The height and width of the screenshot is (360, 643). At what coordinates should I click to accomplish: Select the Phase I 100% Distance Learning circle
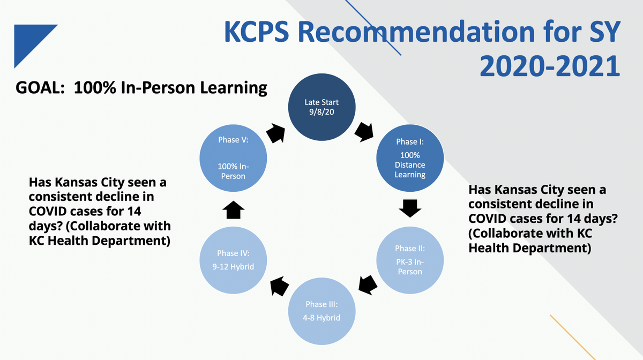point(410,159)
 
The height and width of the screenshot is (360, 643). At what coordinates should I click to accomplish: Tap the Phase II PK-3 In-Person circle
point(410,259)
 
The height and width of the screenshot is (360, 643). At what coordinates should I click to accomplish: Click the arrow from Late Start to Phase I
point(364,132)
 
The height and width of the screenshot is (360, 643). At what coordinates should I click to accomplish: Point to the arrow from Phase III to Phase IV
point(279,287)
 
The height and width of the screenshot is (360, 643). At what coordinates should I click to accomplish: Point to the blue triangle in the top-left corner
point(29,40)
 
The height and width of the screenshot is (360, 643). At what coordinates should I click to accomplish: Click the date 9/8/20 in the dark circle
point(322,111)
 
